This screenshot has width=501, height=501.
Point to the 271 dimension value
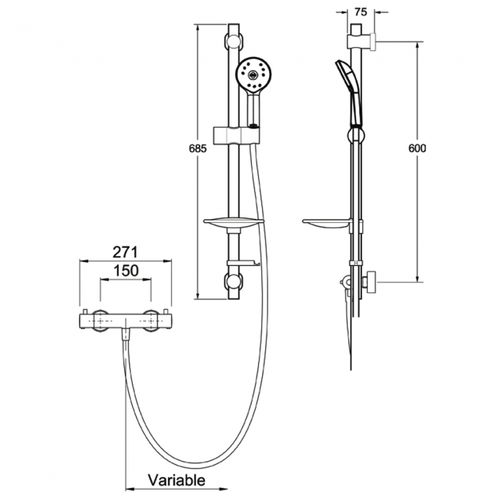tap(124, 251)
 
